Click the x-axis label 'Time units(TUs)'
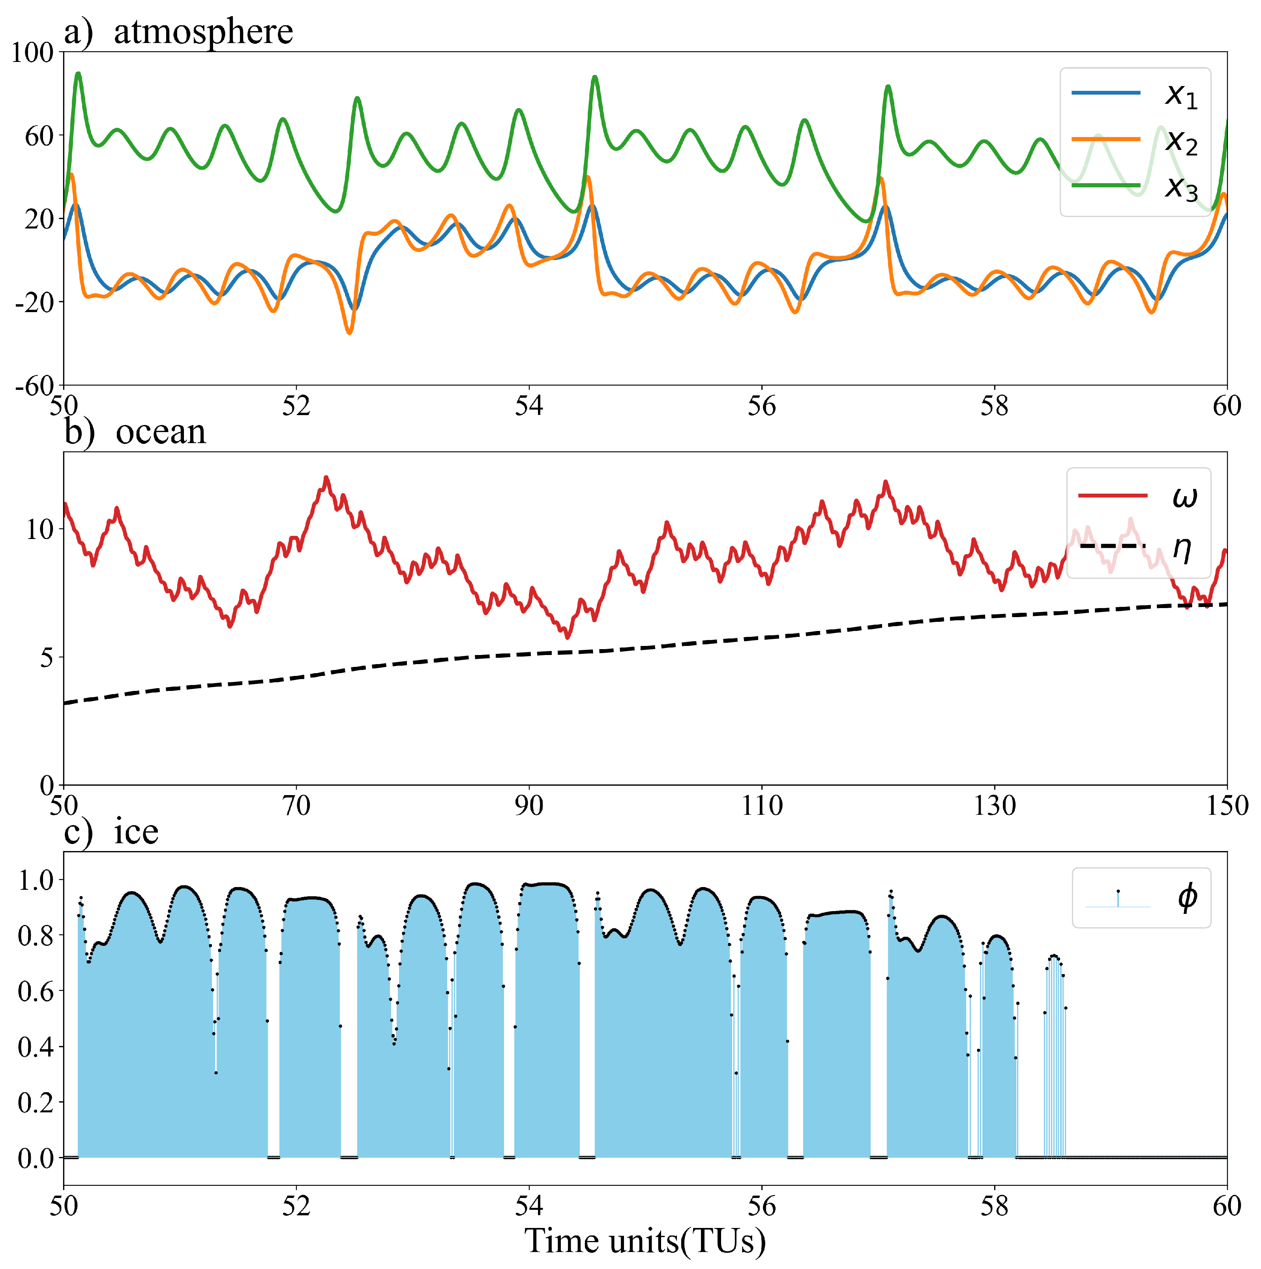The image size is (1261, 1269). point(645,1241)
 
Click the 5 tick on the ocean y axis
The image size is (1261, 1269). point(46,657)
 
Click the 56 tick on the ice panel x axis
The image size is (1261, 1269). point(762,1206)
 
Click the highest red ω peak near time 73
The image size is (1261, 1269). point(326,477)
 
